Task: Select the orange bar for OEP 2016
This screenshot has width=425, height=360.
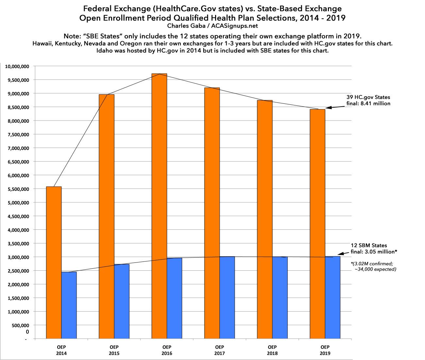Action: (159, 206)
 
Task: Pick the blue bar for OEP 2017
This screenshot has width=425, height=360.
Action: (227, 297)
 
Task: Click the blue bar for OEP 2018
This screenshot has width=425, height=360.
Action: (280, 297)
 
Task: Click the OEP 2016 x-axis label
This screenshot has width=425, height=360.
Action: (167, 350)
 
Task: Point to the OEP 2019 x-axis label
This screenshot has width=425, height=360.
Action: (325, 350)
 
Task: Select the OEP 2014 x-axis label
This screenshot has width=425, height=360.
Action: (61, 350)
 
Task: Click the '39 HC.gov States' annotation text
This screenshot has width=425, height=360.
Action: (368, 98)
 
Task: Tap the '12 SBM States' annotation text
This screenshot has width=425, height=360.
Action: (369, 245)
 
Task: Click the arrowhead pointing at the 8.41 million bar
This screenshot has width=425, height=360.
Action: (328, 108)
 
